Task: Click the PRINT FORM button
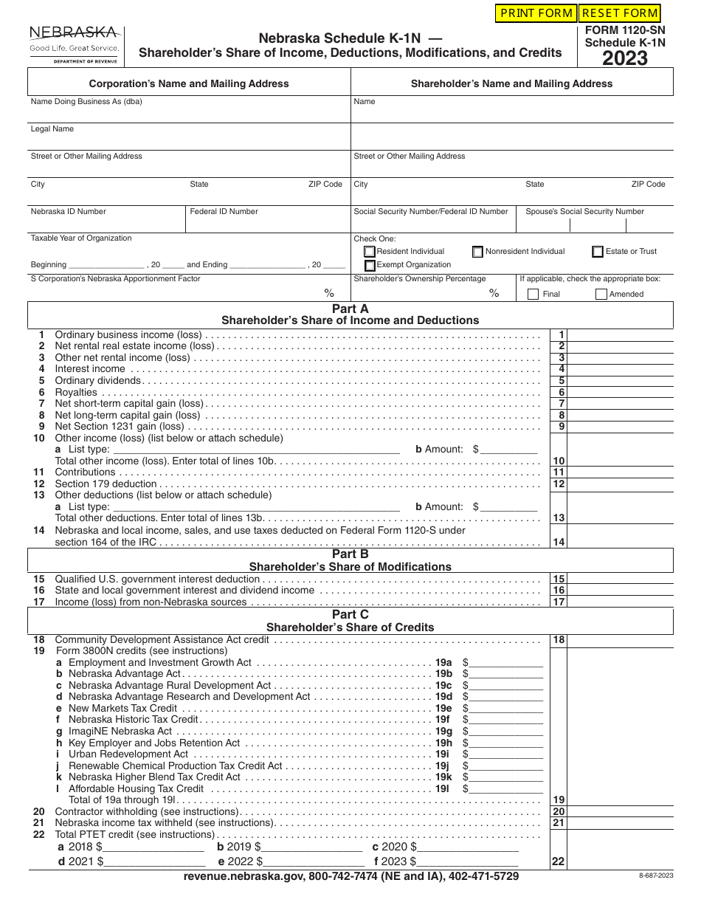point(536,13)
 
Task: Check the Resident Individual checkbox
point(369,252)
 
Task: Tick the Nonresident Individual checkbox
point(477,252)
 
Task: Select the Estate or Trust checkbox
point(597,252)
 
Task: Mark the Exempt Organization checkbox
point(369,265)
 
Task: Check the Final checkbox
point(533,294)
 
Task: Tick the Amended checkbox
point(601,294)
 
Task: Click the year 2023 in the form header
point(625,59)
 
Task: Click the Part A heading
point(350,309)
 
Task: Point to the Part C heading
point(350,615)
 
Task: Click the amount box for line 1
point(621,335)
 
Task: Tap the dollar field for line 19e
point(505,708)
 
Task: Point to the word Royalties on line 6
point(76,392)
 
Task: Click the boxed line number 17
point(559,602)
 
